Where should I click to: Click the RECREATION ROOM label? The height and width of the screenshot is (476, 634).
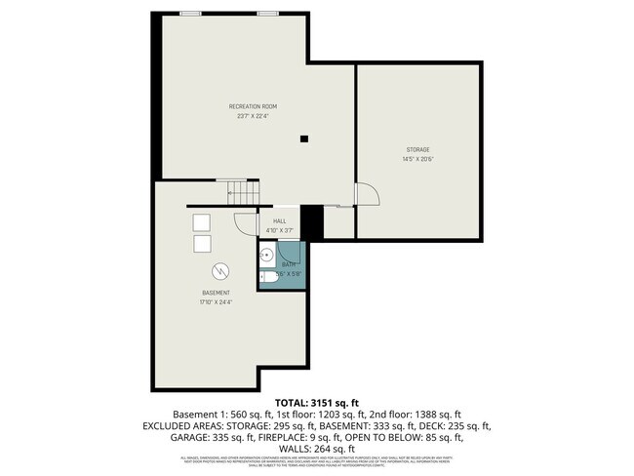[x=252, y=105]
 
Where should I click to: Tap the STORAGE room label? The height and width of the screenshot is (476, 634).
[x=417, y=149]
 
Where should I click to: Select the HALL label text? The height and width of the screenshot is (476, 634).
[x=279, y=221]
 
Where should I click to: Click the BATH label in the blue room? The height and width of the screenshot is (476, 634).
[x=289, y=264]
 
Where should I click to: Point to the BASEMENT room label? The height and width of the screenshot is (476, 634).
[x=216, y=293]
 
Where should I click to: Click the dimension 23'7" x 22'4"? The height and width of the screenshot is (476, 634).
[x=252, y=115]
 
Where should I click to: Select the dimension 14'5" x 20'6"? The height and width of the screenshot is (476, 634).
[x=417, y=159]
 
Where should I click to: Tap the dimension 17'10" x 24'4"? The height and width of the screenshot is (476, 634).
[x=216, y=302]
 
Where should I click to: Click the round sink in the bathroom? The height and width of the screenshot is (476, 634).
[x=266, y=258]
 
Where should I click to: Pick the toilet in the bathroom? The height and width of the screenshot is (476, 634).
[x=266, y=277]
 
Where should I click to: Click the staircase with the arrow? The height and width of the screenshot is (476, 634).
[x=239, y=192]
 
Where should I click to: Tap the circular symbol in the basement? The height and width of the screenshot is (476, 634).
[x=220, y=269]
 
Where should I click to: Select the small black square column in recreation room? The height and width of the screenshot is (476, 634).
[x=303, y=138]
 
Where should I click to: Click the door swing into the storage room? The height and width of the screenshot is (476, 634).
[x=365, y=195]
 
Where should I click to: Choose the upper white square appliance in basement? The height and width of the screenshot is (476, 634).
[x=202, y=220]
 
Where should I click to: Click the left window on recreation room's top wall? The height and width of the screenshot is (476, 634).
[x=191, y=13]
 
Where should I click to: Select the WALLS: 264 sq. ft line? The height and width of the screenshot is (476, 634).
[x=317, y=450]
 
